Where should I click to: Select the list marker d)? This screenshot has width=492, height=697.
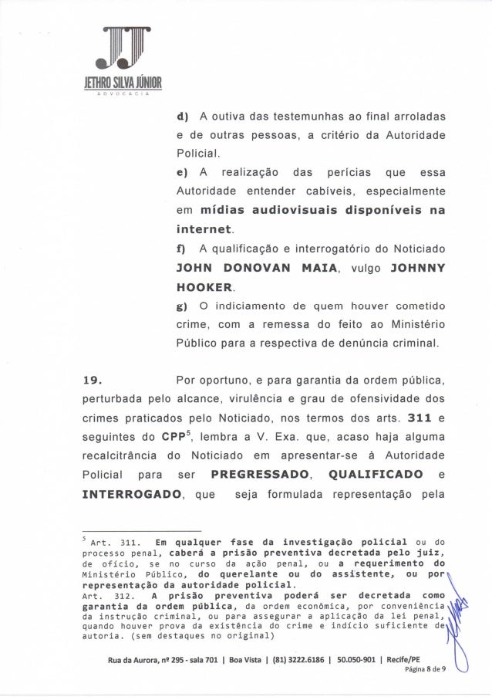[183, 117]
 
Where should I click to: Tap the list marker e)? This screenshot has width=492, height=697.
[183, 171]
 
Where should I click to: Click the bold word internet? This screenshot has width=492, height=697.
[204, 230]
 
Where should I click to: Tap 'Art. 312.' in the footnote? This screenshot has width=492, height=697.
[106, 596]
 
